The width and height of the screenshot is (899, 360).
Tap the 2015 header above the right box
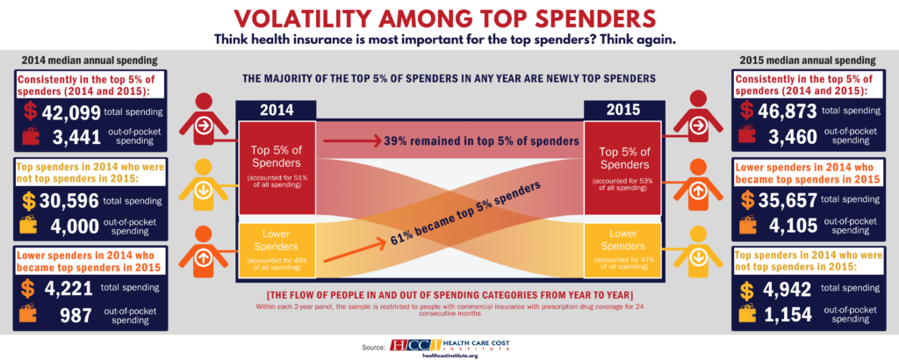pyautogui.click(x=623, y=112)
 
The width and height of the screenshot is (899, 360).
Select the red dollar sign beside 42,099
pyautogui.click(x=31, y=112)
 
